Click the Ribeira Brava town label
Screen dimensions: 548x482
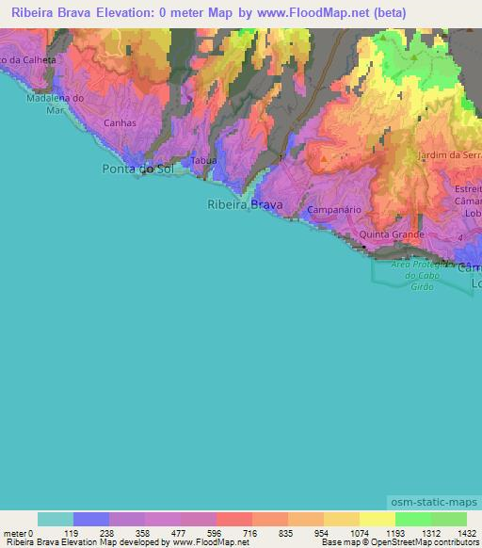244,203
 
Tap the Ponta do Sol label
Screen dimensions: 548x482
139,169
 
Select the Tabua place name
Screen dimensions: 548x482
203,161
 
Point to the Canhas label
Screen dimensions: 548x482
120,122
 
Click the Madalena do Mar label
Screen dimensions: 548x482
56,103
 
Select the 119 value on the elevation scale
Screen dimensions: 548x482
73,532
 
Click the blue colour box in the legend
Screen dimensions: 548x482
91,519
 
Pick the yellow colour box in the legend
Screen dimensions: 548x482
377,519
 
